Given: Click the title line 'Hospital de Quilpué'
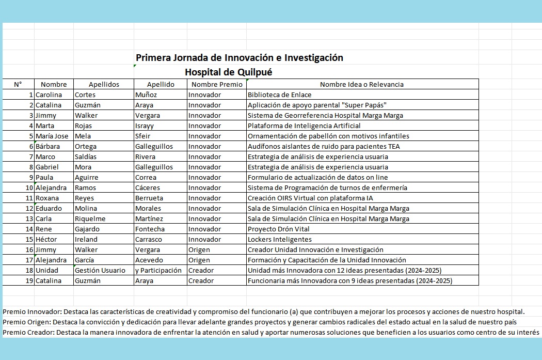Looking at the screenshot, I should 228,72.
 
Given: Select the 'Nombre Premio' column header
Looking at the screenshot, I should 216,84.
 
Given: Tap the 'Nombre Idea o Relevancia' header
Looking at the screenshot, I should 361,84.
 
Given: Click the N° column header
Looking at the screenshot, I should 18,84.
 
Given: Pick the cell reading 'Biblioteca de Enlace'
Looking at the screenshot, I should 279,95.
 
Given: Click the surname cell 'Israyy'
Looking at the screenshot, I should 145,126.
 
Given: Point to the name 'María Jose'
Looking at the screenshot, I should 52,136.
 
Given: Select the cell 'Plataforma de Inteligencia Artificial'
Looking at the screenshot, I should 304,126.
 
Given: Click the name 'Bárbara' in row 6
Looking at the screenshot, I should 48,146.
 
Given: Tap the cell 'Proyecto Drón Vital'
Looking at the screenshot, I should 279,229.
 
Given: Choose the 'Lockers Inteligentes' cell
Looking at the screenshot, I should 279,239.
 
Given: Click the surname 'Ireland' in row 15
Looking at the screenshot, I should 86,239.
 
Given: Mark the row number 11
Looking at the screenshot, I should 29,198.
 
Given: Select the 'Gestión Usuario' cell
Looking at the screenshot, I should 100,270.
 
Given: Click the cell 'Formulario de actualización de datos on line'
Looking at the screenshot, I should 317,177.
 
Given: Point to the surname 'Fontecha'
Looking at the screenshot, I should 150,229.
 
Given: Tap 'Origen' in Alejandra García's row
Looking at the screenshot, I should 199,260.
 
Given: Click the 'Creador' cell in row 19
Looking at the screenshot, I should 201,280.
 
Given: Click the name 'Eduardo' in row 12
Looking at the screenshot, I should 49,208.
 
